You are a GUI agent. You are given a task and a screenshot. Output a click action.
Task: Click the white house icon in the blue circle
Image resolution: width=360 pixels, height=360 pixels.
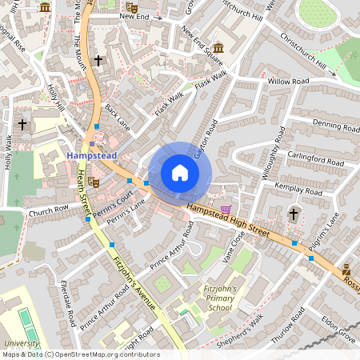(x=180, y=172)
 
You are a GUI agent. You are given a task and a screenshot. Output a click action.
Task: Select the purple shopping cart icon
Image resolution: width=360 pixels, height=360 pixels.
(x=226, y=209)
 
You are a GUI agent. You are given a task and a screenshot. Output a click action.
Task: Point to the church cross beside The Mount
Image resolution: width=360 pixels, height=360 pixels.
(x=98, y=60)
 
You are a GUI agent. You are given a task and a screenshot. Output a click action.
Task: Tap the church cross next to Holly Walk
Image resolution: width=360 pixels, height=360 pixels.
(x=22, y=124)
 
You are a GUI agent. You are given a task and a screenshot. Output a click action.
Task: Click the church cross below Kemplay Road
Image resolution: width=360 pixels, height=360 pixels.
(x=293, y=214)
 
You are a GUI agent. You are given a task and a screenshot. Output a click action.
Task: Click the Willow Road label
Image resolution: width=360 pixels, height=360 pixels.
(x=289, y=82)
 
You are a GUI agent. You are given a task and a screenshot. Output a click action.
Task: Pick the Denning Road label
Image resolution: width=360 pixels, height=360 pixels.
(x=314, y=124)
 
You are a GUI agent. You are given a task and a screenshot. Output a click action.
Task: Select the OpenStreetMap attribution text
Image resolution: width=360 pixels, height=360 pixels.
(x=80, y=354)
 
